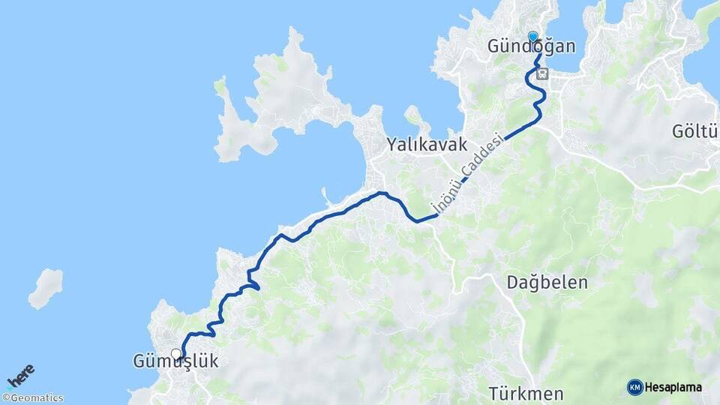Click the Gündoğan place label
pyautogui.click(x=532, y=47)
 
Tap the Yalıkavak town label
pyautogui.click(x=427, y=145)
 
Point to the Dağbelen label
pyautogui.click(x=547, y=283)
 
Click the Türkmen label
pyautogui.click(x=526, y=393)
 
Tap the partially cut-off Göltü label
pyautogui.click(x=695, y=133)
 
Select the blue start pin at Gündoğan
pyautogui.click(x=533, y=37)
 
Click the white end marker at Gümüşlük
pyautogui.click(x=176, y=354)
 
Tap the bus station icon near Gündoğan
pyautogui.click(x=543, y=74)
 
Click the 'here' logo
pyautogui.click(x=21, y=376)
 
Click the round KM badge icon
pyautogui.click(x=634, y=387)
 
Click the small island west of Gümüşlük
pyautogui.click(x=46, y=287)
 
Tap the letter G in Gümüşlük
pyautogui.click(x=139, y=361)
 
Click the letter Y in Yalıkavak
pyautogui.click(x=392, y=145)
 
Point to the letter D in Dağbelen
pyautogui.click(x=512, y=283)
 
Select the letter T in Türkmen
pyautogui.click(x=493, y=393)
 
